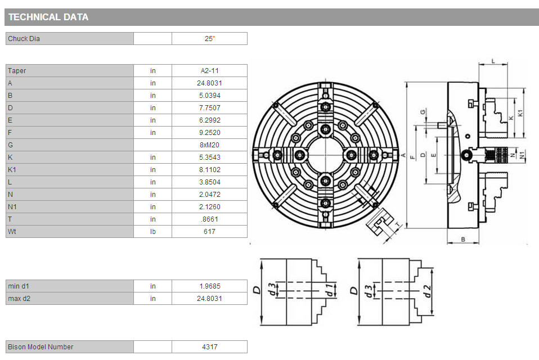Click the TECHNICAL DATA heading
(x=48, y=17)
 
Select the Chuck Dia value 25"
(x=210, y=39)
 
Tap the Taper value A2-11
(x=210, y=71)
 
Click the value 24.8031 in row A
(x=210, y=83)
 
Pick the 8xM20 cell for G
(x=210, y=145)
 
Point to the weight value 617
(x=210, y=232)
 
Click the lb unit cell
(x=153, y=232)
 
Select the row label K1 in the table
(x=12, y=170)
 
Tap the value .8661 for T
(x=210, y=219)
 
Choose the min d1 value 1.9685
(x=210, y=286)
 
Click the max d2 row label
(x=19, y=299)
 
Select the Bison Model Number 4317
(x=210, y=347)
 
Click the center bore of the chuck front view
(x=325, y=155)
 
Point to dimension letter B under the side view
(x=463, y=240)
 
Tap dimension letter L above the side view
(x=493, y=61)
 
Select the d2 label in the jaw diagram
(x=426, y=291)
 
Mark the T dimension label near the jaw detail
(x=398, y=224)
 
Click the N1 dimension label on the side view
(x=522, y=155)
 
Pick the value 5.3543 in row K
(x=210, y=157)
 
